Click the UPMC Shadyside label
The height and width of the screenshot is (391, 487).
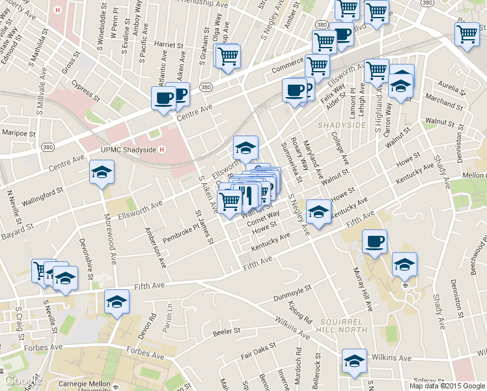(x=128, y=149)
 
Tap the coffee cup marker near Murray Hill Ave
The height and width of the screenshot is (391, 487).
(x=374, y=242)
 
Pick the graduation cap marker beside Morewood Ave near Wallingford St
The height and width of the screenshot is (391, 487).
(x=101, y=173)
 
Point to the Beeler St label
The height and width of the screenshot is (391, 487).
(x=228, y=332)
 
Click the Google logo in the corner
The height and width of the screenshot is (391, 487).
(x=21, y=381)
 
